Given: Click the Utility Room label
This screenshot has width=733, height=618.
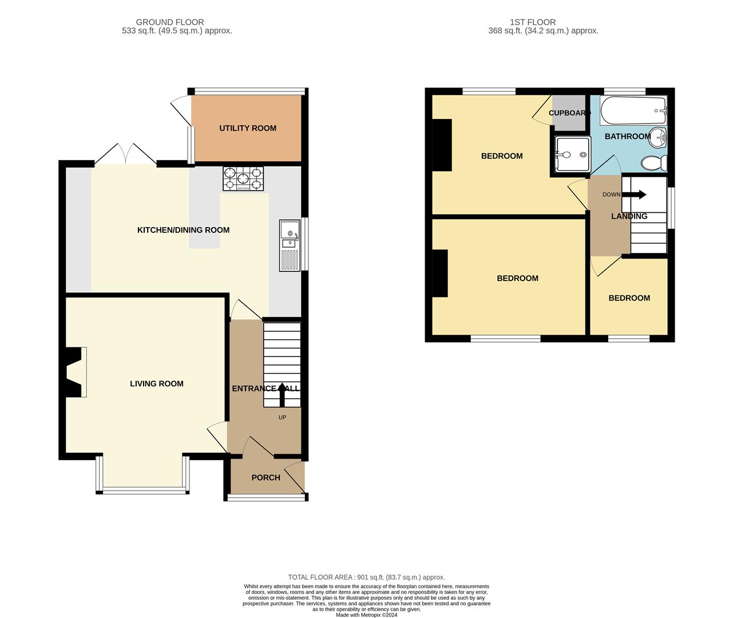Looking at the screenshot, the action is (248, 128).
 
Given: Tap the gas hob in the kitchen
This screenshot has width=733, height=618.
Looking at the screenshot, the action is (243, 179).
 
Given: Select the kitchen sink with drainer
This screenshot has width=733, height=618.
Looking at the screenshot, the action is (290, 245).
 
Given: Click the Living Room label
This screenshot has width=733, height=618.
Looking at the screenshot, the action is (157, 383).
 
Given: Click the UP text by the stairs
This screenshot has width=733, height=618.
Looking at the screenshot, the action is (282, 418).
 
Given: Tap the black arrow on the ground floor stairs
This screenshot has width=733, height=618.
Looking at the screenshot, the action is (282, 394).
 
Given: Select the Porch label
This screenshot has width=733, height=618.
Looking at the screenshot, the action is (266, 478).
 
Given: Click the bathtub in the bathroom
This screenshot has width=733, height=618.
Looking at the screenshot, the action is (633, 110).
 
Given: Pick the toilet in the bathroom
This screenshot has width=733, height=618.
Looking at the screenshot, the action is (654, 163).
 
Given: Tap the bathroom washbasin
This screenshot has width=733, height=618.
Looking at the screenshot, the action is (657, 138).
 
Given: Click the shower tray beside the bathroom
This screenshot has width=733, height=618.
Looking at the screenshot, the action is (572, 154).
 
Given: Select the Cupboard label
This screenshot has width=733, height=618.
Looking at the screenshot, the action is (569, 113).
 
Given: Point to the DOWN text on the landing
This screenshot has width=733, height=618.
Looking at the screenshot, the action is (611, 195).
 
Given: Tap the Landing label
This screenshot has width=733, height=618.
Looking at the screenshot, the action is (629, 216).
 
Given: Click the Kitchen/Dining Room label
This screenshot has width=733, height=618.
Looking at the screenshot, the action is (183, 230).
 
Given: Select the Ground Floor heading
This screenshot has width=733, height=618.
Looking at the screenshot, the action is (170, 22).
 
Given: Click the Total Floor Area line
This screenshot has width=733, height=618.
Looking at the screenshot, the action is (366, 577).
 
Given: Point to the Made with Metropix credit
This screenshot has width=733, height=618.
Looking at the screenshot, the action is (366, 615).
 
